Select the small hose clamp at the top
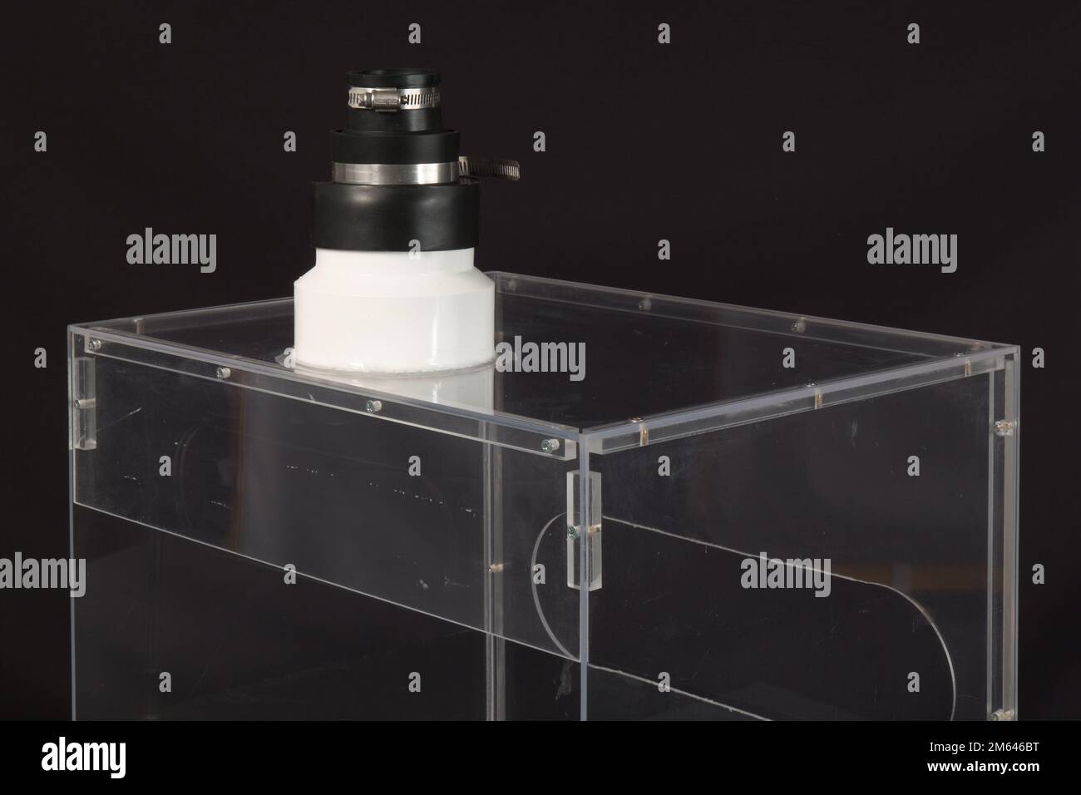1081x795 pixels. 394,98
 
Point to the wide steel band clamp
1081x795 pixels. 395,173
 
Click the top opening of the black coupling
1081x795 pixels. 394,77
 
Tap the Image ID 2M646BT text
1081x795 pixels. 984,747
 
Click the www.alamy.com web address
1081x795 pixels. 983,767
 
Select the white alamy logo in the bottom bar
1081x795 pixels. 83,757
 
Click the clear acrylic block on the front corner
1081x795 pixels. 585,530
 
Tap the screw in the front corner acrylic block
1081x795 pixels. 573,531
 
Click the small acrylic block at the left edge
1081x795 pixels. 85,403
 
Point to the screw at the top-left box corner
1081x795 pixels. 94,344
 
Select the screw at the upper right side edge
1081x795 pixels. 1004,427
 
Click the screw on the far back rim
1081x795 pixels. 644,304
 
